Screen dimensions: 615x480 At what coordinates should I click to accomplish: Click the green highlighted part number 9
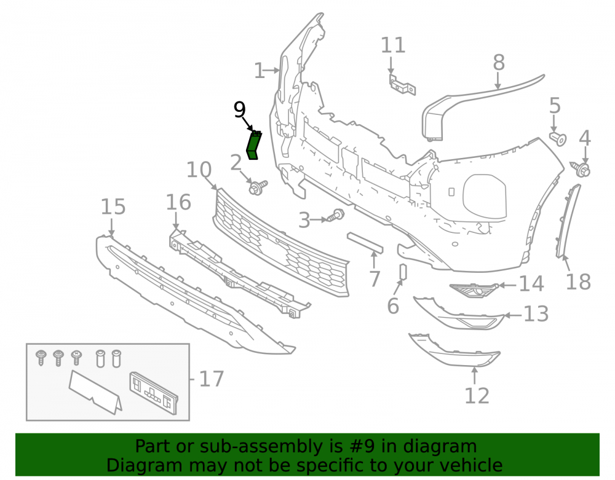pyautogui.click(x=254, y=146)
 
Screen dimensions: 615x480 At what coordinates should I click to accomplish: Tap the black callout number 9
pyautogui.click(x=239, y=110)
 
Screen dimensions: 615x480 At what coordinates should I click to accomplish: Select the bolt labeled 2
pyautogui.click(x=258, y=186)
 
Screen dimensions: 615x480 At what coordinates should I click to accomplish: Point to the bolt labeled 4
pyautogui.click(x=581, y=169)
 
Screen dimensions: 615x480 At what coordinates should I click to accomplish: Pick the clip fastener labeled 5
pyautogui.click(x=558, y=138)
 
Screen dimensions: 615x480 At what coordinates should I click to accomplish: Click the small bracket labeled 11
pyautogui.click(x=402, y=85)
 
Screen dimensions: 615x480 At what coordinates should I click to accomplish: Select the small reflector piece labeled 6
pyautogui.click(x=403, y=272)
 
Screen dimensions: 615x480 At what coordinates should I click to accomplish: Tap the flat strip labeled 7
pyautogui.click(x=365, y=243)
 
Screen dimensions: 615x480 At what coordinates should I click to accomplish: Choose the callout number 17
pyautogui.click(x=212, y=379)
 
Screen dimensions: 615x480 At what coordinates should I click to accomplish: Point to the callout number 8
pyautogui.click(x=499, y=62)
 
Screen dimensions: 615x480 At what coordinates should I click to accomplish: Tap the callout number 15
pyautogui.click(x=113, y=207)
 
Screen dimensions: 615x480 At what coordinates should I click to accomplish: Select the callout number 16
pyautogui.click(x=178, y=202)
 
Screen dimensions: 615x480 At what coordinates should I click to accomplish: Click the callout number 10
pyautogui.click(x=199, y=170)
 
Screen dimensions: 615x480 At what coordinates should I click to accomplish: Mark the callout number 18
pyautogui.click(x=578, y=281)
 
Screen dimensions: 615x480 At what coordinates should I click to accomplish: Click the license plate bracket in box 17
pyautogui.click(x=154, y=393)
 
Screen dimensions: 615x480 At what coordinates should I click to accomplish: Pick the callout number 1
pyautogui.click(x=260, y=71)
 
